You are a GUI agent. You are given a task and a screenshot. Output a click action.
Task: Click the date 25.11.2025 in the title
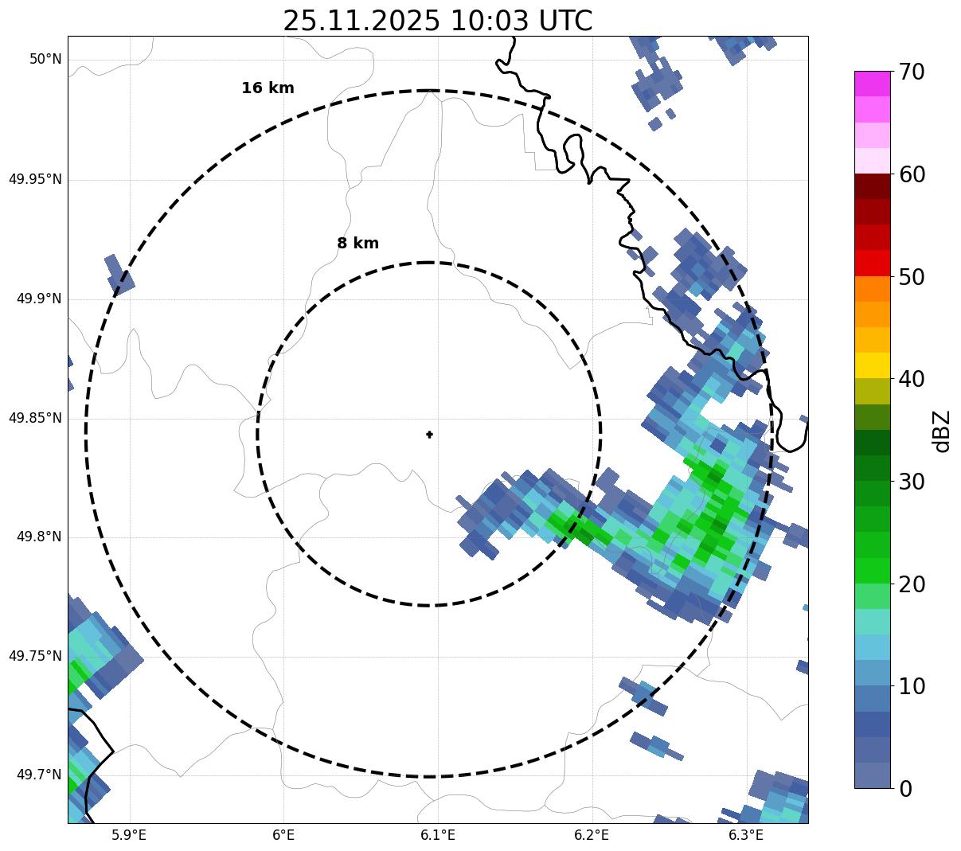click(361, 21)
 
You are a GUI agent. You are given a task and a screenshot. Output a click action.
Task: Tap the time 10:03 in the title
click(487, 21)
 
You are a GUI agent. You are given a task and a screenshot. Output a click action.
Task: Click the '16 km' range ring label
click(268, 88)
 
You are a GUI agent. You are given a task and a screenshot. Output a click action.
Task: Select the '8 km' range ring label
click(357, 244)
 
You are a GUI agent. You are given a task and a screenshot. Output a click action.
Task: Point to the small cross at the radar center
click(429, 434)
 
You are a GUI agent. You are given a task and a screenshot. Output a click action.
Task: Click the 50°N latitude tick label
click(45, 59)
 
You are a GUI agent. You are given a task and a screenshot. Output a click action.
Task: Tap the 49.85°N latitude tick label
click(35, 418)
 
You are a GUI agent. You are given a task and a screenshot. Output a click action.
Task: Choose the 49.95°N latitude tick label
click(35, 179)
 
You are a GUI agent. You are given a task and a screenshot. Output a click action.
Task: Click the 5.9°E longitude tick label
click(129, 835)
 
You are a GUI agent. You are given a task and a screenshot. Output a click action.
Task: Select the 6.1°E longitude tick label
click(437, 835)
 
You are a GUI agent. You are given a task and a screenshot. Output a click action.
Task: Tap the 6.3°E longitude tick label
click(745, 835)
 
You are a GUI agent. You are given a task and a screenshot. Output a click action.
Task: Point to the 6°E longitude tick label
click(283, 835)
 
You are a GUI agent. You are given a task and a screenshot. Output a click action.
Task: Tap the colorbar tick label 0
click(906, 789)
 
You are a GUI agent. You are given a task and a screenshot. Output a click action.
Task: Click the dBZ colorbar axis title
click(942, 431)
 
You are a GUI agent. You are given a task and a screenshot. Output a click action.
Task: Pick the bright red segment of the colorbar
click(873, 263)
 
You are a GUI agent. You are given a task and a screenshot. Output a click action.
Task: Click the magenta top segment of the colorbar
click(873, 84)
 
